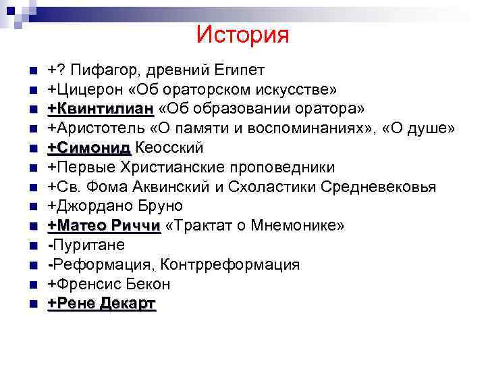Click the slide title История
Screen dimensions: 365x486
pyautogui.click(x=243, y=34)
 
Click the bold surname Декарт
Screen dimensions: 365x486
pyautogui.click(x=128, y=303)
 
